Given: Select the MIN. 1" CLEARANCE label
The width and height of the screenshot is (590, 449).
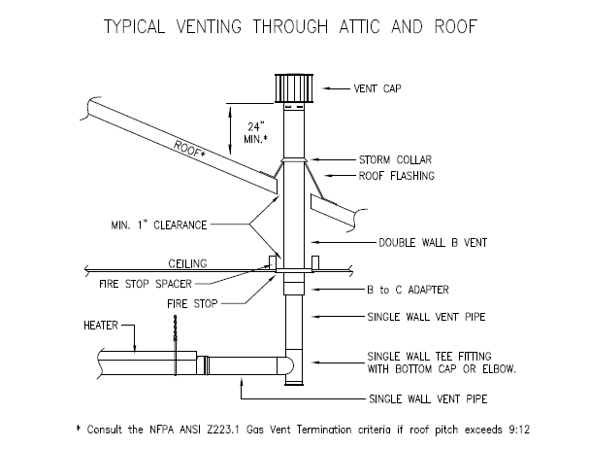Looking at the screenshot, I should (x=159, y=224).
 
